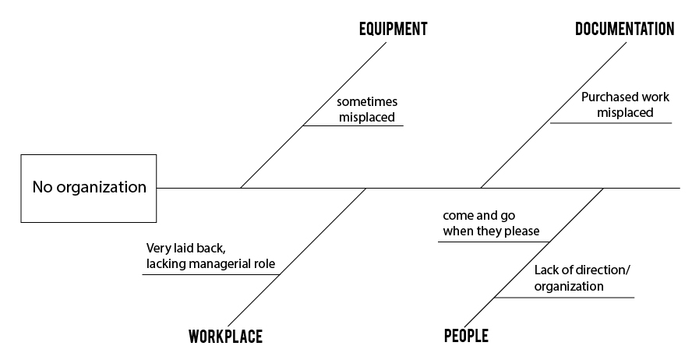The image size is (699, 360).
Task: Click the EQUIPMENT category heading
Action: [394, 29]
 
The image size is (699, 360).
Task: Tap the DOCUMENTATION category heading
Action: [624, 29]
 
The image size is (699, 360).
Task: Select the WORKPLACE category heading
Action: [225, 337]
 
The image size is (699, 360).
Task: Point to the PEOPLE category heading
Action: [466, 336]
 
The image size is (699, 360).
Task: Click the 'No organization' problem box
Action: [89, 189]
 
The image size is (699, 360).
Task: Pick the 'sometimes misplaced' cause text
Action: [367, 109]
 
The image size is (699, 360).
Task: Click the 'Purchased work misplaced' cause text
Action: [625, 104]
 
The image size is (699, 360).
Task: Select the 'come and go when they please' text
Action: [491, 223]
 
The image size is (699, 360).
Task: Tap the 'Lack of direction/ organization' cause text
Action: [583, 278]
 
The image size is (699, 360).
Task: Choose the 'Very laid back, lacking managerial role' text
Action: [210, 256]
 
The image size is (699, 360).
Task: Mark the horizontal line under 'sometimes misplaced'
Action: [353, 125]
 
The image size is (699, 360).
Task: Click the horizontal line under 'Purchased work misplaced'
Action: [611, 122]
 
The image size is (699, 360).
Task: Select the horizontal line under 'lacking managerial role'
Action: [211, 274]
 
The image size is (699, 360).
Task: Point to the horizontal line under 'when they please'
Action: [493, 242]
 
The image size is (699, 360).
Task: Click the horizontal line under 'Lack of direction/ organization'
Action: [564, 297]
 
